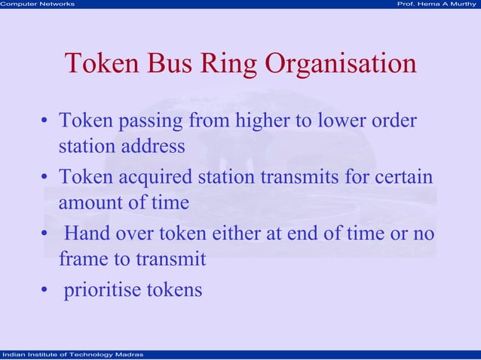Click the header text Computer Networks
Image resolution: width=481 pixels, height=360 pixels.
38,5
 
